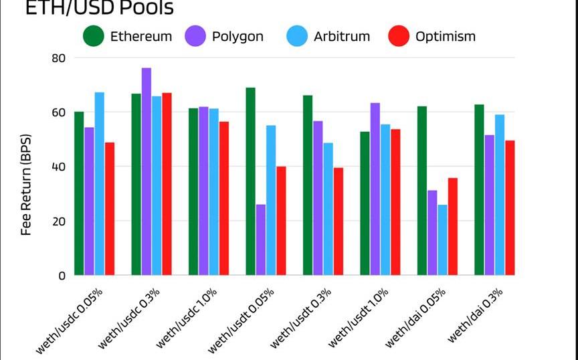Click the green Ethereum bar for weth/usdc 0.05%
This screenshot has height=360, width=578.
pyautogui.click(x=79, y=193)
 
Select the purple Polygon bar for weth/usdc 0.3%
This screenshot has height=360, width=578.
pyautogui.click(x=147, y=171)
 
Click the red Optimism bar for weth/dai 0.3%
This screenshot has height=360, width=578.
pyautogui.click(x=510, y=207)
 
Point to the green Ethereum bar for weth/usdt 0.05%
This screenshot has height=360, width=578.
pyautogui.click(x=250, y=181)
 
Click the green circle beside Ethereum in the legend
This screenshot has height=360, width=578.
pyautogui.click(x=94, y=36)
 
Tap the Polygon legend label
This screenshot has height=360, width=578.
pyautogui.click(x=237, y=36)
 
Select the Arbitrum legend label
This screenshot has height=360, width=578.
pyautogui.click(x=341, y=36)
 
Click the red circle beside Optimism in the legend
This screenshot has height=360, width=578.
pyautogui.click(x=399, y=36)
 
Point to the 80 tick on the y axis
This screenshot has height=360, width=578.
pyautogui.click(x=59, y=58)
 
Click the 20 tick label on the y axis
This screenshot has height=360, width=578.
pyautogui.click(x=59, y=221)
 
